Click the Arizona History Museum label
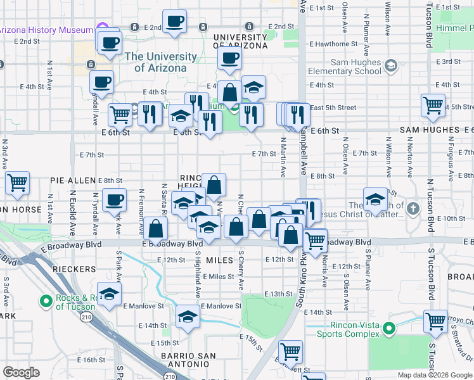(46, 30)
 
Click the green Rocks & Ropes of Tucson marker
(46, 302)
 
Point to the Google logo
(21, 372)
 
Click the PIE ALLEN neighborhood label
(73, 180)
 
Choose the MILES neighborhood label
(220, 260)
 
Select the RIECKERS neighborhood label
(74, 269)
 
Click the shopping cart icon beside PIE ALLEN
(18, 182)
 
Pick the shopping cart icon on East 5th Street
(433, 105)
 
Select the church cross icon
(413, 208)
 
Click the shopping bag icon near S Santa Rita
(155, 228)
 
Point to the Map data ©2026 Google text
(435, 375)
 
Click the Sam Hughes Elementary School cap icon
(391, 66)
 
